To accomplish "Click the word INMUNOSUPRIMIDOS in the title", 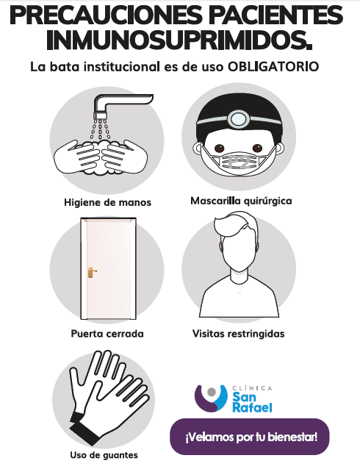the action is click(x=179, y=40).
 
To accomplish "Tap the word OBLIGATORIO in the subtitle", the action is click(x=273, y=66).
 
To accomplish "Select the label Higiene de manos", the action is click(x=108, y=202).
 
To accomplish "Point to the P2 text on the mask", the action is click(x=240, y=162).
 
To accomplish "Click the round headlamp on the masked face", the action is click(x=239, y=119).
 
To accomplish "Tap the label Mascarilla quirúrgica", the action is click(x=241, y=201).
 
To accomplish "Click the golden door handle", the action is click(x=91, y=272).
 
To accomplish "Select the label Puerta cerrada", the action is click(x=107, y=334).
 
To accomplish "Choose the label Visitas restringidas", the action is click(x=239, y=334).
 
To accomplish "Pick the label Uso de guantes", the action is click(x=104, y=455).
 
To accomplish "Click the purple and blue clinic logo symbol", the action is click(x=211, y=398).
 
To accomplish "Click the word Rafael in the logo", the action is click(x=252, y=407).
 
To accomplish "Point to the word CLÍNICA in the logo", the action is click(x=252, y=388).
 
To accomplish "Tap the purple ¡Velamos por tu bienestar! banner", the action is click(x=250, y=437).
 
